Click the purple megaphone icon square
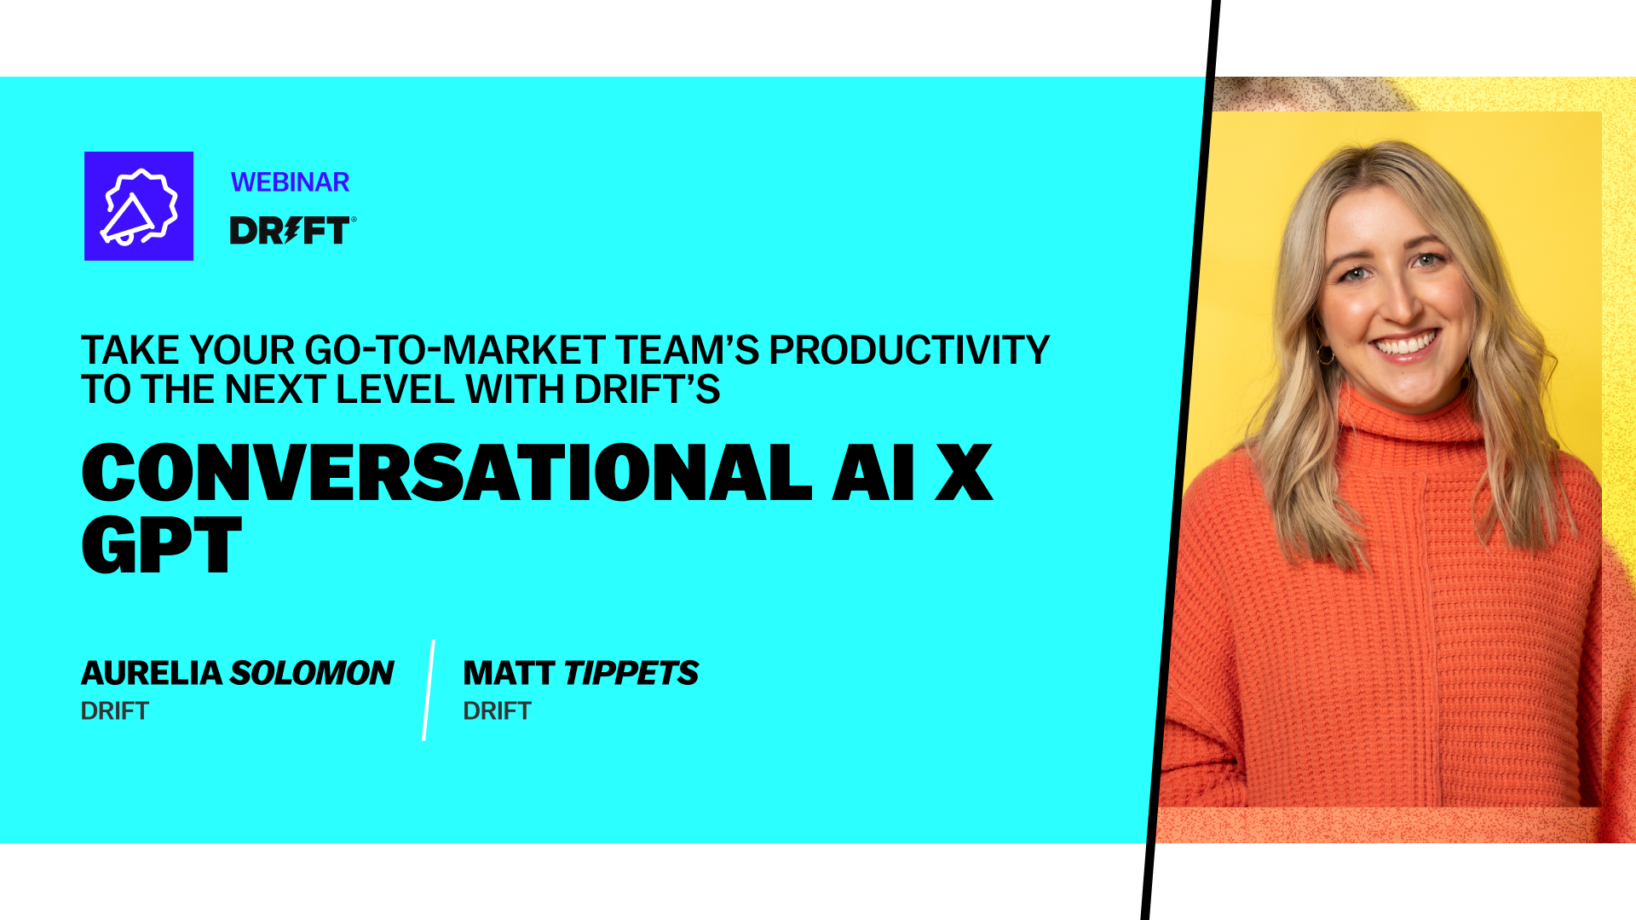(139, 206)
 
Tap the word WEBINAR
(290, 182)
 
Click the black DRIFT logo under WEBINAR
(289, 231)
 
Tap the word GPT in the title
(162, 545)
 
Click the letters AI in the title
(873, 473)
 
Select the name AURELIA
(152, 673)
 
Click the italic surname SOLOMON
(312, 673)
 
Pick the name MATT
(509, 673)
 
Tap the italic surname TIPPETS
(631, 673)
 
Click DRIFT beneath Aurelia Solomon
(115, 710)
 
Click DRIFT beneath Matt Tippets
(497, 710)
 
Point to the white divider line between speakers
(429, 690)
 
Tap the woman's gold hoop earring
(1326, 354)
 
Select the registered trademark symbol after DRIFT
(354, 219)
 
